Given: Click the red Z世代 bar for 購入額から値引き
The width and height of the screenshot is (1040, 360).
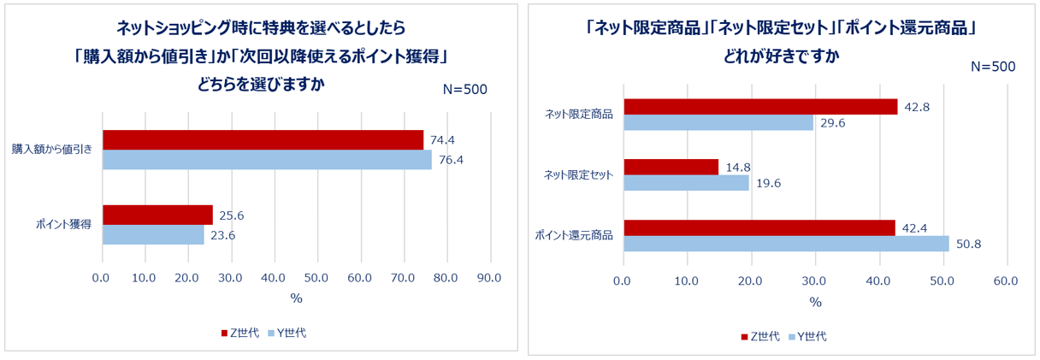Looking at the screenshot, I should tap(263, 139).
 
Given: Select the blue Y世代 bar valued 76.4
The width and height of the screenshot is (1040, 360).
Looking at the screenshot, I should tap(267, 160).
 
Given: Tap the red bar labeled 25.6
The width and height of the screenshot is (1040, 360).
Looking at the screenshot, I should tap(157, 215).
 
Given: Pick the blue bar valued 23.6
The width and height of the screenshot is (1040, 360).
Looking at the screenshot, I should tap(153, 234).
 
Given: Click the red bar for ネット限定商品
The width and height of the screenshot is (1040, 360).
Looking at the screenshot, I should tap(760, 106).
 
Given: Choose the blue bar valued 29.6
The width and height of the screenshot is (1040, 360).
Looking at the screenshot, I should tap(718, 122).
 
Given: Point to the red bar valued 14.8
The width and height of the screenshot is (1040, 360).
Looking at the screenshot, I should tap(671, 167).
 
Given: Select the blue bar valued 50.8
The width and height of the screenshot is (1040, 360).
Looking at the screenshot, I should tap(786, 244).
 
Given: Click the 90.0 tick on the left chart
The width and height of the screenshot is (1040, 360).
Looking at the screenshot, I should tap(489, 278).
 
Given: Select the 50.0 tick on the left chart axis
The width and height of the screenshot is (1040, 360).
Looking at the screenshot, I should tap(316, 278).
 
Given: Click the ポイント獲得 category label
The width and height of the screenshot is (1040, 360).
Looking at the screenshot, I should tap(64, 225).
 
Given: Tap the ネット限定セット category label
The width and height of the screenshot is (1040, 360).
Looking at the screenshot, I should tap(579, 175).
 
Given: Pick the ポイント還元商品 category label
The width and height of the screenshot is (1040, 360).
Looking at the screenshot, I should tap(574, 235).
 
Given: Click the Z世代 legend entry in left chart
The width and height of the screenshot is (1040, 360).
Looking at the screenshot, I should tap(237, 333).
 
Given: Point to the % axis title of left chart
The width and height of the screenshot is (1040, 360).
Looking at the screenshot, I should tap(296, 298).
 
